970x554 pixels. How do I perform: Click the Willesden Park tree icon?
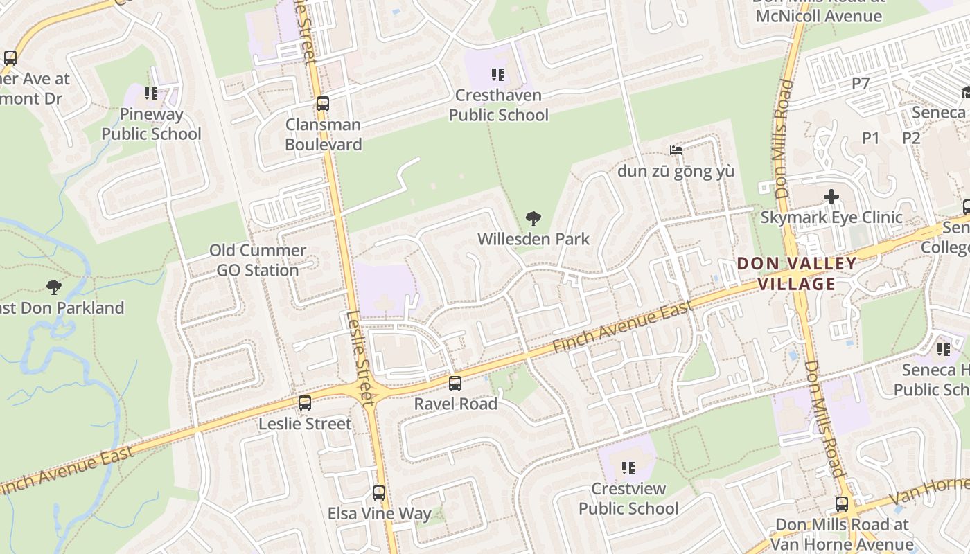(533, 219)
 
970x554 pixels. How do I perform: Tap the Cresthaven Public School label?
(498, 105)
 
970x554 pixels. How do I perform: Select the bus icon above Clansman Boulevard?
(322, 104)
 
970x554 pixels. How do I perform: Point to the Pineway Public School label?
(151, 124)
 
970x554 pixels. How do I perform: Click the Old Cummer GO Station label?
(258, 260)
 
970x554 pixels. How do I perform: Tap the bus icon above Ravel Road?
(455, 383)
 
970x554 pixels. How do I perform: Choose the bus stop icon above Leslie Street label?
(304, 403)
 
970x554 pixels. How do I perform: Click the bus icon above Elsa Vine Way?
(378, 493)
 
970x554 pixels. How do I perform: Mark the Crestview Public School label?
(628, 499)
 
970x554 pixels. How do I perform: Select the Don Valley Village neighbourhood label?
(797, 274)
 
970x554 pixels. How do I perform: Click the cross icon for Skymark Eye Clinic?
(831, 197)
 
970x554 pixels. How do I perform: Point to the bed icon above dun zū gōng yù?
(676, 150)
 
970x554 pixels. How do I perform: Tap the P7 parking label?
(861, 84)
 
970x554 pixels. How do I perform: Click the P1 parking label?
(870, 138)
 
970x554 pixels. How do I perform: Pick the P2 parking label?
(911, 138)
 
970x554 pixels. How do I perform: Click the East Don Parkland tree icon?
(53, 287)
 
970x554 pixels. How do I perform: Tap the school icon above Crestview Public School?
(628, 468)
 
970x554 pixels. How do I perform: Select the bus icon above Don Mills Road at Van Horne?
(841, 504)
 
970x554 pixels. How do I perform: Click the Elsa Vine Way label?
(379, 514)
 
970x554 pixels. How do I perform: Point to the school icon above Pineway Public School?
(150, 93)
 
